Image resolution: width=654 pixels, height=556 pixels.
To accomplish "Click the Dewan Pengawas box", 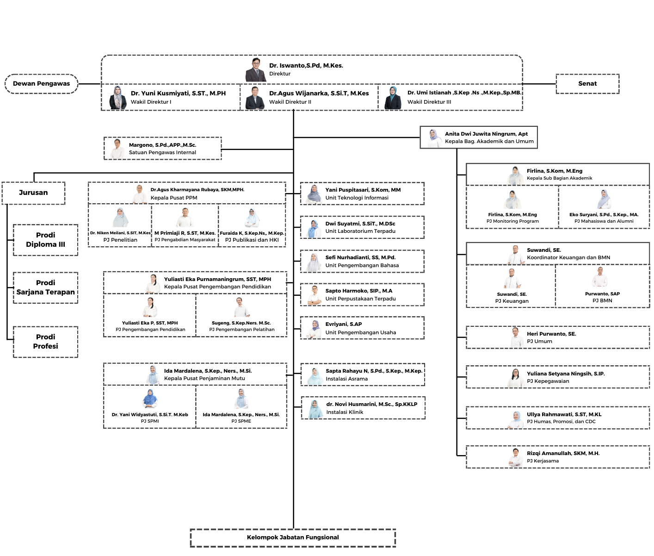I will pos(41,84).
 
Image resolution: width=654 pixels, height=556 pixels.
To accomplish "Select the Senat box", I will pos(587,84).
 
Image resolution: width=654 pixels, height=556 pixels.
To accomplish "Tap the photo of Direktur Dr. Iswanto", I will pos(255,69).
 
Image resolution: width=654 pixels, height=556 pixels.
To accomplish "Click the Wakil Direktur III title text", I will pos(429,102).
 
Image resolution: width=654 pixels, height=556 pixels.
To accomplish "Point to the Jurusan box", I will pos(33,193).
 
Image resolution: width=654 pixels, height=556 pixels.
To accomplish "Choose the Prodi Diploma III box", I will pos(45,240).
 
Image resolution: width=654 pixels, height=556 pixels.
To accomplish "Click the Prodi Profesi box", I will pos(45,342).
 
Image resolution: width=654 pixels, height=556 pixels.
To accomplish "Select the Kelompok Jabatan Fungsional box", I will pos(293,537).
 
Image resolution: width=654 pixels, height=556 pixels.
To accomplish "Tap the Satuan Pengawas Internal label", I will pos(162,152).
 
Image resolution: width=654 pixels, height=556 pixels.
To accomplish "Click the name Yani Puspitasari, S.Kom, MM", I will pos(363,190).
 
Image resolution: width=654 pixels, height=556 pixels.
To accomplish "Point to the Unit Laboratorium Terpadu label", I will pos(360,231).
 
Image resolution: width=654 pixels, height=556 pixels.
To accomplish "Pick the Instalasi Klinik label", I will pos(345,412).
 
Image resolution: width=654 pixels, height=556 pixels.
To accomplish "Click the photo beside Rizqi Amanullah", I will pos(516,457).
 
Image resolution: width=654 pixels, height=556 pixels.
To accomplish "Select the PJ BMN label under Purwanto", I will pos(602,300).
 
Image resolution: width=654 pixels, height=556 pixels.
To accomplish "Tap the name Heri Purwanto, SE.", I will pos(551,334).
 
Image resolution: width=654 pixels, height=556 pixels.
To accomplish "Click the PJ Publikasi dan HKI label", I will pos(252,240).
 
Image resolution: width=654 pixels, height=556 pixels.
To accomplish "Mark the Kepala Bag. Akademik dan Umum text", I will pos(489,141).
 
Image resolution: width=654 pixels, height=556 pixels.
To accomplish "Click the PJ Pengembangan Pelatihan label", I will pos(241,330).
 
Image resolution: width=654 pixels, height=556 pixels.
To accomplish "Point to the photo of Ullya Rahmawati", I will pos(516,419).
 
